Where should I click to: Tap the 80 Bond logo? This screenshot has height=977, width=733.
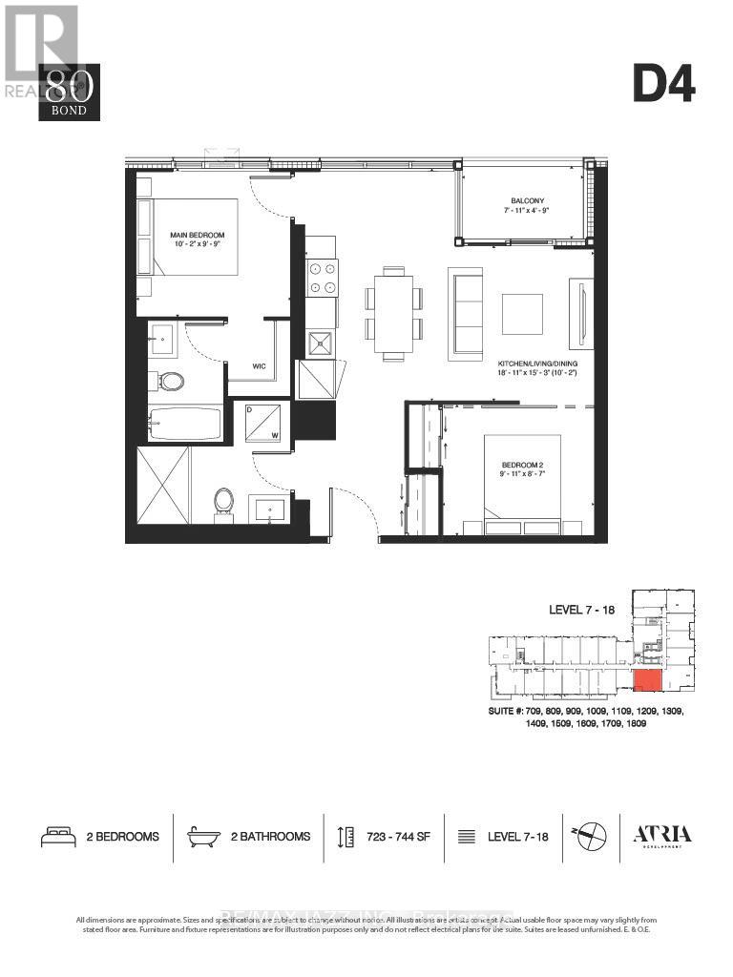(69, 93)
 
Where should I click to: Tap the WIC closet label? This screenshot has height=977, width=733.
(259, 364)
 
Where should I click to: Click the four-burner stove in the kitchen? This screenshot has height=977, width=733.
(322, 277)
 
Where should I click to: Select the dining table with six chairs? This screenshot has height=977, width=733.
(393, 311)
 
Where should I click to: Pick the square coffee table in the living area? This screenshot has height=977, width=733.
(522, 313)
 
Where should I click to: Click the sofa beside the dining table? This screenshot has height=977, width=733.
(465, 312)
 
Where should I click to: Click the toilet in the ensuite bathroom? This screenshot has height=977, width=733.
(172, 382)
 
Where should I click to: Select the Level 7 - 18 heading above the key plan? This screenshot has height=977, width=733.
(590, 609)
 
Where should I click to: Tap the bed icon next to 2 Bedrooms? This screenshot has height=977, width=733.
(58, 837)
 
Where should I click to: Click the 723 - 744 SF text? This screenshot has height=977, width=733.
(398, 837)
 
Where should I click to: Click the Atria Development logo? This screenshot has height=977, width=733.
(663, 836)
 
